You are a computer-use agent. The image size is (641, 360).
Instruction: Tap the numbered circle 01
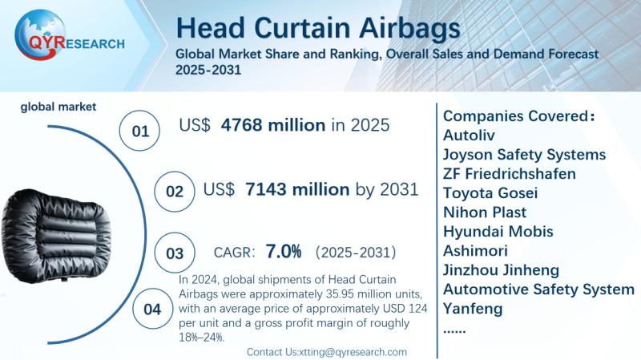(139, 131)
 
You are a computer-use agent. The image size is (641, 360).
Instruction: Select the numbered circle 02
(175, 192)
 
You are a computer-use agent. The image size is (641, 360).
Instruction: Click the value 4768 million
(273, 125)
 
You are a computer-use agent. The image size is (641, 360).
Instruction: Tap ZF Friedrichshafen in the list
(510, 173)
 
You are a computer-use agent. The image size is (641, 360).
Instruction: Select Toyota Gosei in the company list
(490, 192)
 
